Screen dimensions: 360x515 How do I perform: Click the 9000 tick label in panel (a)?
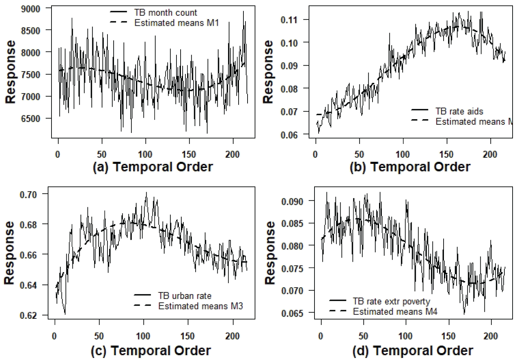(31, 9)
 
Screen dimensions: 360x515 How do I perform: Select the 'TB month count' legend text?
(165, 13)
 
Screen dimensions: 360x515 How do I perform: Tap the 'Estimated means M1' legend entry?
(176, 23)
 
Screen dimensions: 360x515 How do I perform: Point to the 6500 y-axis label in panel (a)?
(31, 119)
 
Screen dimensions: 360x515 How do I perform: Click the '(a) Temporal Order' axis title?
(153, 167)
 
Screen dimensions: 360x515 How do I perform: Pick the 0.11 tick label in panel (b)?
(289, 20)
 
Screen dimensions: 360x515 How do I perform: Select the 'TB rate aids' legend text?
(459, 111)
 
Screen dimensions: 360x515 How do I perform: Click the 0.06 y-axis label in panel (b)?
(289, 135)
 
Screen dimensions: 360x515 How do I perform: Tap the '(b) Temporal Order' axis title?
(410, 167)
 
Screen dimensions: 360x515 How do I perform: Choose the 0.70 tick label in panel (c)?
(28, 195)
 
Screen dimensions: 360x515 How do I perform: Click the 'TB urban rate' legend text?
(185, 296)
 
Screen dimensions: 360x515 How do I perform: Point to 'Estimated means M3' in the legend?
(201, 306)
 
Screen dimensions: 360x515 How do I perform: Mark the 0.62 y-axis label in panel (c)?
(28, 316)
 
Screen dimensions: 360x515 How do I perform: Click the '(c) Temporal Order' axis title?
(151, 351)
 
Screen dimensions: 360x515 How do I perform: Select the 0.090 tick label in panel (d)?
(292, 201)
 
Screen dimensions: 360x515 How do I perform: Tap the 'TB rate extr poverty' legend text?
(391, 301)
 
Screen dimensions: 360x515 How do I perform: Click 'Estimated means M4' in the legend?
(395, 312)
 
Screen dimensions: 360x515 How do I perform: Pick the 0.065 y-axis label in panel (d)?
(292, 313)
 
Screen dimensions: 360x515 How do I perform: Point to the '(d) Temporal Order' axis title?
(413, 351)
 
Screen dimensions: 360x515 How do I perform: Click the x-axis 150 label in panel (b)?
(446, 155)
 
